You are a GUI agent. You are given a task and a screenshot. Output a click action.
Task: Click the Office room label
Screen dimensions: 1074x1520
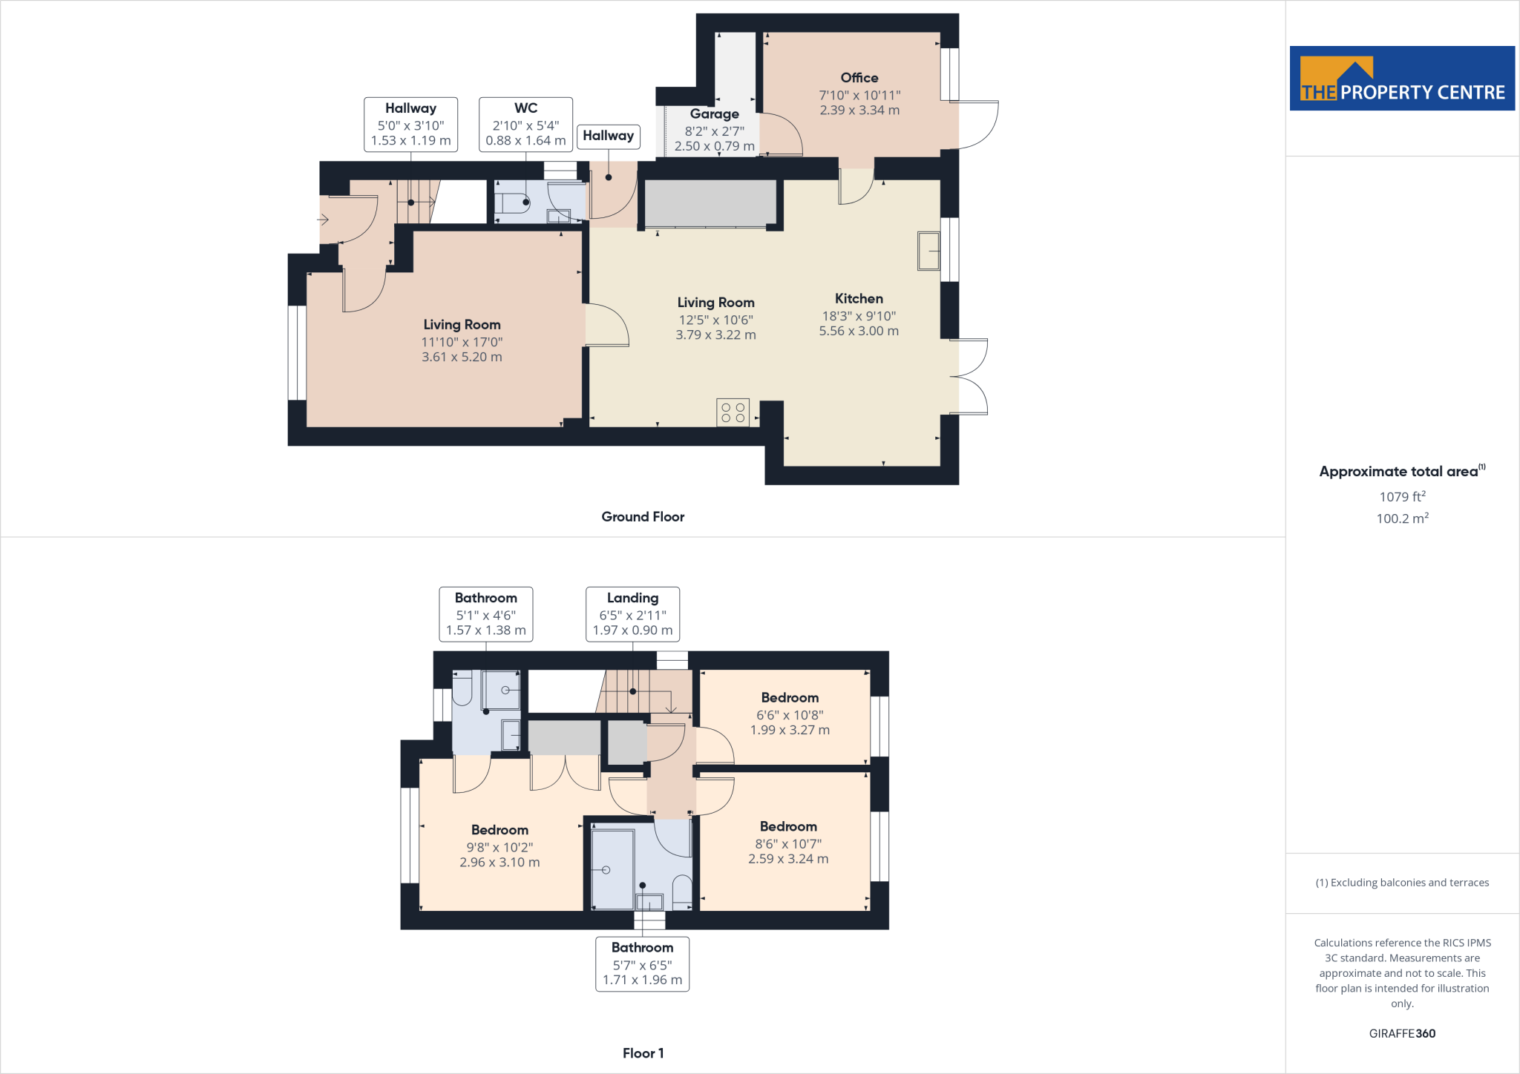pyautogui.click(x=859, y=78)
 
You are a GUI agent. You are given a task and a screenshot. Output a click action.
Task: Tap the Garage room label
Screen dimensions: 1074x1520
pyautogui.click(x=714, y=114)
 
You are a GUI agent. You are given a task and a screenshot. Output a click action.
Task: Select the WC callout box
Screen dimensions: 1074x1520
pyautogui.click(x=525, y=125)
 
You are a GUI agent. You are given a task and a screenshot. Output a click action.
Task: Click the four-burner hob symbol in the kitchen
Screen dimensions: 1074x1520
pyautogui.click(x=733, y=412)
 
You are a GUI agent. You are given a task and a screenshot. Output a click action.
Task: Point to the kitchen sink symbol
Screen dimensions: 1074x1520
pyautogui.click(x=928, y=251)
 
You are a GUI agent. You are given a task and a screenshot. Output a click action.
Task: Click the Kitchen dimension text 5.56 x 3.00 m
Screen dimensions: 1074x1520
pyautogui.click(x=859, y=332)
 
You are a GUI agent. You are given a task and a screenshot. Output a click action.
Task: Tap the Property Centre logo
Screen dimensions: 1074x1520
pyautogui.click(x=1402, y=79)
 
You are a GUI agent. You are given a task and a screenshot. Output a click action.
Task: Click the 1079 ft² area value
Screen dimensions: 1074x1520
pyautogui.click(x=1402, y=497)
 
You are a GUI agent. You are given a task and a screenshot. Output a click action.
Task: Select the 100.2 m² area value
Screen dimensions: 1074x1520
pyautogui.click(x=1402, y=518)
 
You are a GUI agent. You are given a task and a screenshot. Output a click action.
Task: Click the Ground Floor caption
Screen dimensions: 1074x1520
pyautogui.click(x=643, y=517)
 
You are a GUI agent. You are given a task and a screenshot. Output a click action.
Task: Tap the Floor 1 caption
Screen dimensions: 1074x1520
pyautogui.click(x=643, y=1053)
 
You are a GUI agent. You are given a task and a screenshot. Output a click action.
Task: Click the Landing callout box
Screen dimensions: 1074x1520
pyautogui.click(x=632, y=614)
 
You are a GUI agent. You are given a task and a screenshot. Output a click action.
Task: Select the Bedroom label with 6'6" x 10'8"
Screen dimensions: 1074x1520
pyautogui.click(x=790, y=698)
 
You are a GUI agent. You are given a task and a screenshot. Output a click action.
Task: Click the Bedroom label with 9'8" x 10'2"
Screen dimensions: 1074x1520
pyautogui.click(x=499, y=830)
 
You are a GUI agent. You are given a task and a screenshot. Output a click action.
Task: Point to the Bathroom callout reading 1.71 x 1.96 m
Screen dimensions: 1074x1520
pyautogui.click(x=642, y=963)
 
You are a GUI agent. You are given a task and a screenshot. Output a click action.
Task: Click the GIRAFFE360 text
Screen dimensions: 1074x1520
pyautogui.click(x=1402, y=1033)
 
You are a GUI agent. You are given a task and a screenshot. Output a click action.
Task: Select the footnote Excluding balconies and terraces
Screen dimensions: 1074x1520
pyautogui.click(x=1402, y=883)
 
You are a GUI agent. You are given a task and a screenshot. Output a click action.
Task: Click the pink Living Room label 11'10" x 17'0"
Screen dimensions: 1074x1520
pyautogui.click(x=462, y=325)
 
